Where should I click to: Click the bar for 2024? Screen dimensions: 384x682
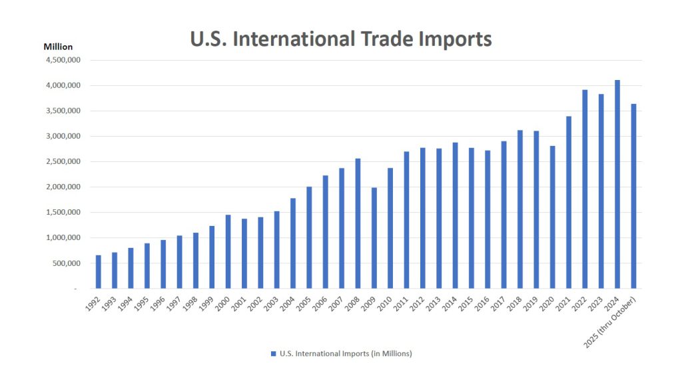point(617,184)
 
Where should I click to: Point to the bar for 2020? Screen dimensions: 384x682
point(552,217)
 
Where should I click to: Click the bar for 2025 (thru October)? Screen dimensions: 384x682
point(633,196)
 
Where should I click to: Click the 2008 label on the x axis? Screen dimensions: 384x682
point(354,303)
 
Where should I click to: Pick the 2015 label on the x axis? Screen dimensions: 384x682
point(467,303)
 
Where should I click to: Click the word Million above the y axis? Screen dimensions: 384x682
point(58,47)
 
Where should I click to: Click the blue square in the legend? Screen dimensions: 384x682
point(273,353)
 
